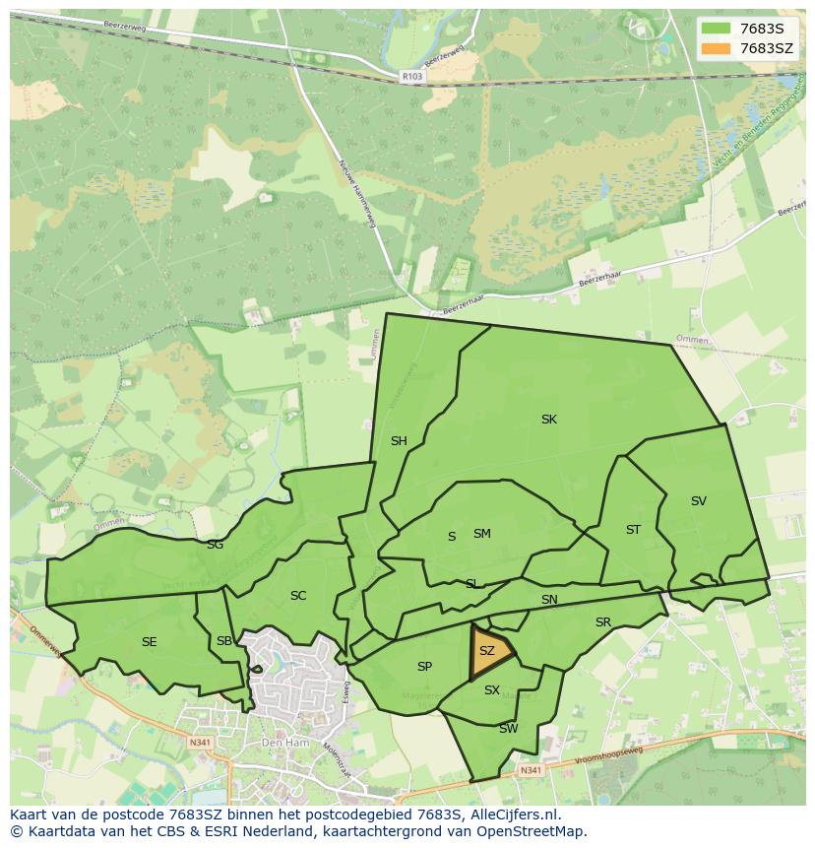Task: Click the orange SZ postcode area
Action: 489,653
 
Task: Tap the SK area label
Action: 549,420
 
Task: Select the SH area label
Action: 399,441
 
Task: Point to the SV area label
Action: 699,501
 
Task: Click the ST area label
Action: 633,530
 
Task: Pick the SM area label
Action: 481,534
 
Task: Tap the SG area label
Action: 215,545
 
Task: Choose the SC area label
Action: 298,596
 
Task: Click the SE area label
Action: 149,642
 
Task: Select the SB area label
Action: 224,642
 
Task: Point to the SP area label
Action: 424,667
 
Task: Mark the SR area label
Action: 603,622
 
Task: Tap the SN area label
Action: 549,600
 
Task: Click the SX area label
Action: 492,690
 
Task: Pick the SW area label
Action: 508,729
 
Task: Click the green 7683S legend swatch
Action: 716,29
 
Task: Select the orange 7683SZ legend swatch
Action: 716,48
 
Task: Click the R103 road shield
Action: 412,75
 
